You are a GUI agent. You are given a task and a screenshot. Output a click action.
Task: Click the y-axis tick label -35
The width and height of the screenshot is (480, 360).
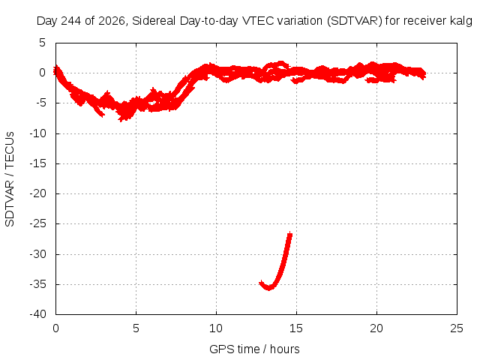click(x=38, y=284)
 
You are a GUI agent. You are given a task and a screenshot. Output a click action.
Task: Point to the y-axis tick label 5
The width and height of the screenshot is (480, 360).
click(x=42, y=43)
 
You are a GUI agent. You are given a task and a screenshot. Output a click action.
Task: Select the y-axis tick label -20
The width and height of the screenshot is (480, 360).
click(x=38, y=193)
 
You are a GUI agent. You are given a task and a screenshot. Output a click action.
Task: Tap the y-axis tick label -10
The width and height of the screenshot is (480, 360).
click(x=38, y=133)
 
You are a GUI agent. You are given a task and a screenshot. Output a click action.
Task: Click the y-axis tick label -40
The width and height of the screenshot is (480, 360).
click(x=38, y=314)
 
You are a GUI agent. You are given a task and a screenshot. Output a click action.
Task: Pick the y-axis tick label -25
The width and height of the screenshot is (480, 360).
click(x=38, y=223)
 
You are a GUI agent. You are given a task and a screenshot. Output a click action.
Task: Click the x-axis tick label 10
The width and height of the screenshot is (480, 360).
click(x=216, y=328)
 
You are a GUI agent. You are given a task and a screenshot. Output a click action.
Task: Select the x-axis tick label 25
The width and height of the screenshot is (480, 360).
click(x=457, y=328)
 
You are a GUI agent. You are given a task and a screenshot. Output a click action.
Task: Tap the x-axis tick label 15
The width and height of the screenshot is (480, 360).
click(x=296, y=328)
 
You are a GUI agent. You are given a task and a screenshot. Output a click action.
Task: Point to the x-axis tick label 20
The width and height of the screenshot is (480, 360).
click(x=376, y=328)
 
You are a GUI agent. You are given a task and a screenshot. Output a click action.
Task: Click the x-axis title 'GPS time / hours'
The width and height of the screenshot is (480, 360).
click(x=254, y=349)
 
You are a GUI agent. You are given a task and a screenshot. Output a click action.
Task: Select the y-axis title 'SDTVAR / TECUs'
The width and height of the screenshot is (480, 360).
click(x=10, y=179)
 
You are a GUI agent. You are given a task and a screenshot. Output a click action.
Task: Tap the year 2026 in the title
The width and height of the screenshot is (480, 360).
click(x=112, y=21)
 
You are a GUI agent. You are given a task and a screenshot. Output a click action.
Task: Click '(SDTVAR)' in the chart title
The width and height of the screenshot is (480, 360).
click(x=355, y=21)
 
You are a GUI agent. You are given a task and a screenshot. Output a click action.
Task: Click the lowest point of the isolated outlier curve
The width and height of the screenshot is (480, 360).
click(x=268, y=289)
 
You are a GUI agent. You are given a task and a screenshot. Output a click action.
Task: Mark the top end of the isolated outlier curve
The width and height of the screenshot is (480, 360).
click(x=290, y=233)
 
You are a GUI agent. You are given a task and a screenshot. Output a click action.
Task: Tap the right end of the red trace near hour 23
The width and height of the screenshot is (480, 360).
click(x=424, y=74)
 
